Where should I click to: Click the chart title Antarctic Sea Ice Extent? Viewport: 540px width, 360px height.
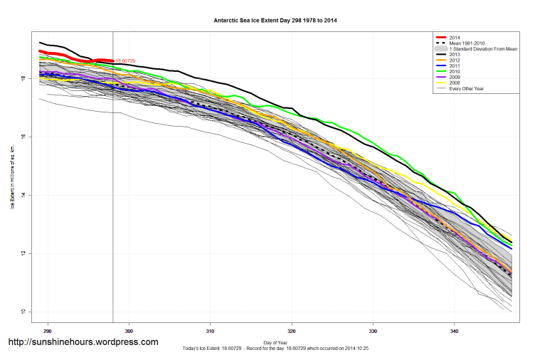[x=275, y=21]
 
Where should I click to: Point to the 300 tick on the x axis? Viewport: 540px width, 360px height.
[x=129, y=330]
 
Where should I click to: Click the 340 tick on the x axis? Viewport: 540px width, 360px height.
[x=455, y=330]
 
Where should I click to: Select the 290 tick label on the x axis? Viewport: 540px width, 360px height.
[x=48, y=330]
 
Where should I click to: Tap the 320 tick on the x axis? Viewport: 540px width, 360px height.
[x=292, y=330]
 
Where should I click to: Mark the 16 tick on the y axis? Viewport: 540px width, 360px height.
[x=23, y=137]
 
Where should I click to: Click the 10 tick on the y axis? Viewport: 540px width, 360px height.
[x=23, y=312]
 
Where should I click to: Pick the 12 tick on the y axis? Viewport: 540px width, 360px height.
[x=23, y=254]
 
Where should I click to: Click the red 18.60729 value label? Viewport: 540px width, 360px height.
[x=125, y=61]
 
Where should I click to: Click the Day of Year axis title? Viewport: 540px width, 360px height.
[x=275, y=343]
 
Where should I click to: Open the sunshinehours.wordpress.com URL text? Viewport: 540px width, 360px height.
[x=83, y=342]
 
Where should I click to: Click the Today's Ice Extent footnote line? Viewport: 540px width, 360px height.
[x=275, y=349]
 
